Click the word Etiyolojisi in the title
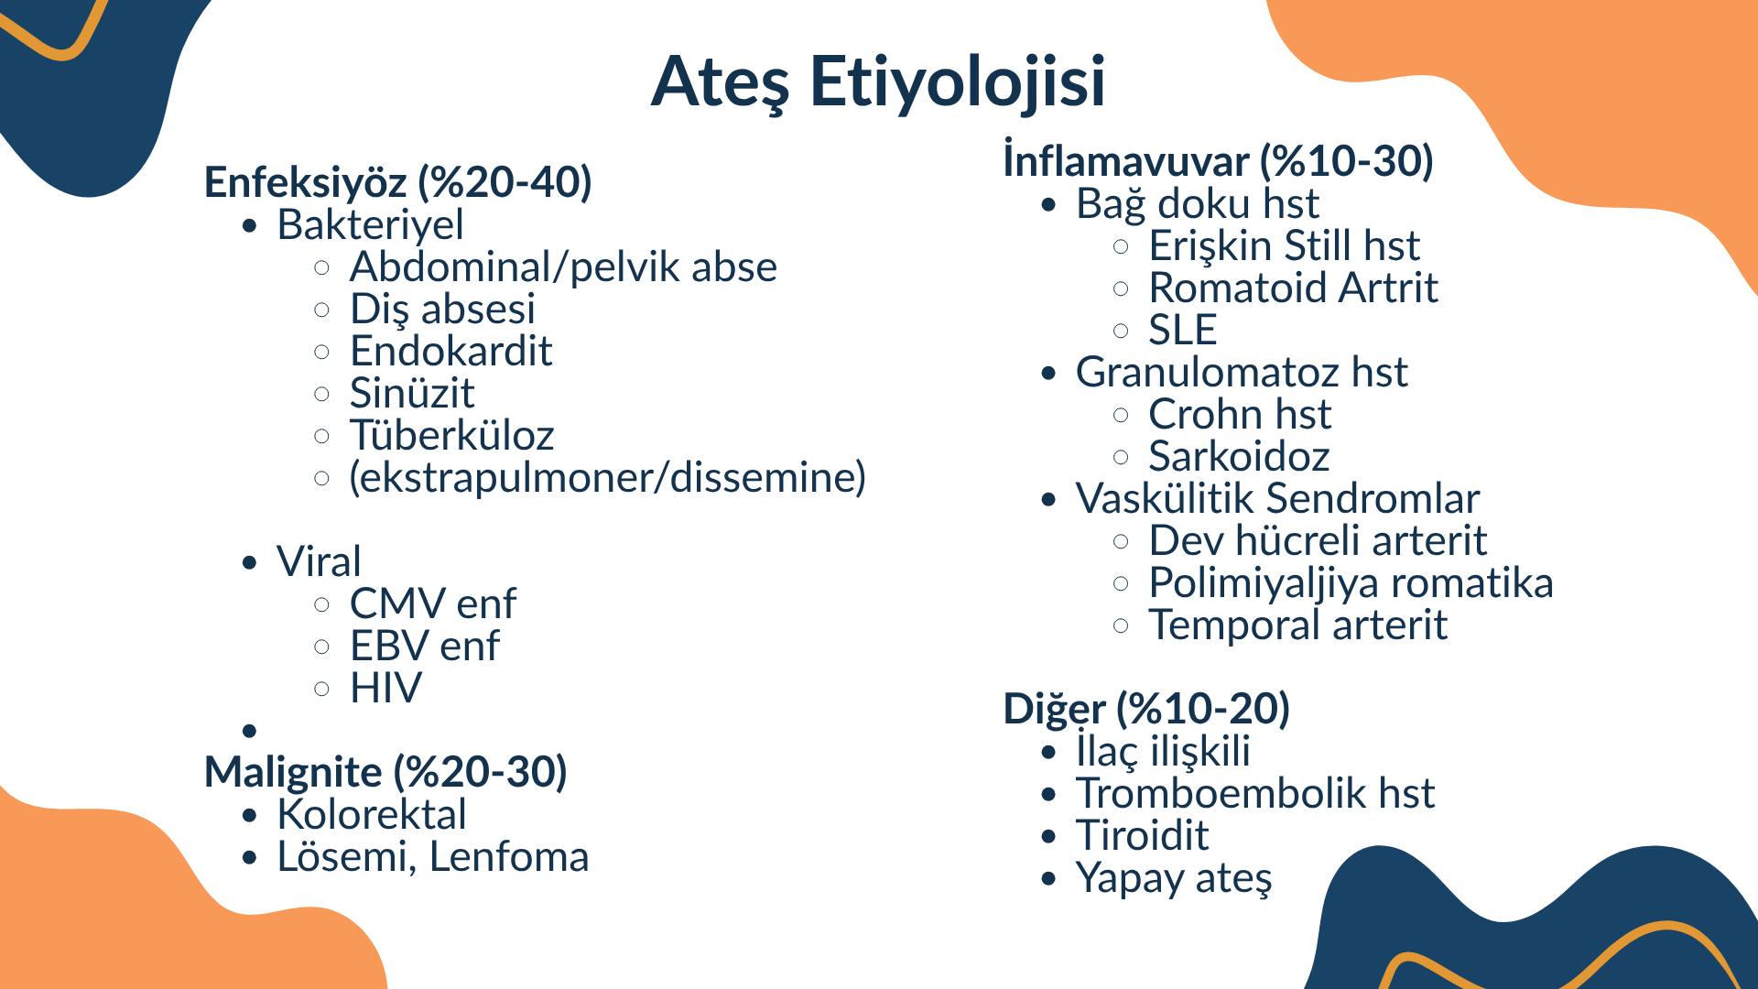[957, 82]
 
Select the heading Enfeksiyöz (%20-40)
[398, 182]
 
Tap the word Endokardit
[451, 351]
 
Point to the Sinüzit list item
[412, 393]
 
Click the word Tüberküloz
[452, 435]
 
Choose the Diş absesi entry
[443, 310]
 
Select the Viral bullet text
[320, 561]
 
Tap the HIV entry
[386, 688]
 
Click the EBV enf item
[426, 646]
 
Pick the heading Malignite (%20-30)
[386, 772]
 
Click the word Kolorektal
[372, 814]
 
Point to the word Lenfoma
[509, 856]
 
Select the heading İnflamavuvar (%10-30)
[1219, 161]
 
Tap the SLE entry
[1183, 330]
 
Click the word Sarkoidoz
[1239, 456]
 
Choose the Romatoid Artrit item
[1294, 288]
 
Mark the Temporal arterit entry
[1298, 625]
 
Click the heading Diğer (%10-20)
[1146, 709]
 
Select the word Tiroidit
[1143, 835]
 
